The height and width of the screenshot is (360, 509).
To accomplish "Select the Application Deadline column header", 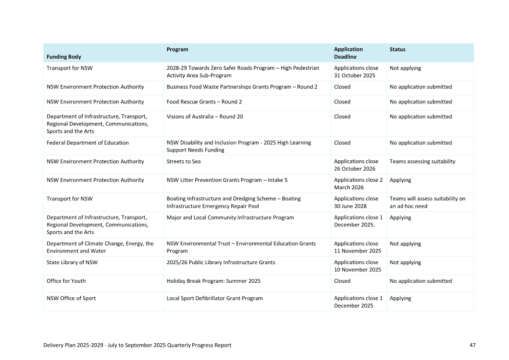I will pos(348,53).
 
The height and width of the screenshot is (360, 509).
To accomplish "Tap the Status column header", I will pos(397,50).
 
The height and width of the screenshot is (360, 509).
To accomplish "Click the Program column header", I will pos(177,50).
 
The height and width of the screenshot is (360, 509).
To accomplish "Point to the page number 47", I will pos(472,345).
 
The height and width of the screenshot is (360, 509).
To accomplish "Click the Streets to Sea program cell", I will pos(184,161).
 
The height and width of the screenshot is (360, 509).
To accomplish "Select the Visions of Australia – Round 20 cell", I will pos(205,117).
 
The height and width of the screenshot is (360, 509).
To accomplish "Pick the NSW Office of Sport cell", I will pos(71,298).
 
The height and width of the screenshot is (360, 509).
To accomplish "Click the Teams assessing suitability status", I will pos(422,161).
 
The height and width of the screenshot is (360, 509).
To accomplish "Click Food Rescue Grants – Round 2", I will pos(204,102).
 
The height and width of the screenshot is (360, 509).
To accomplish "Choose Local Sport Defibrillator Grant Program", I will pos(214,298).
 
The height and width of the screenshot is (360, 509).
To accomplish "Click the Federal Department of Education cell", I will pos(88,143).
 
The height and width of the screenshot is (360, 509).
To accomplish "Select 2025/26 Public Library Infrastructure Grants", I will pos(221,262).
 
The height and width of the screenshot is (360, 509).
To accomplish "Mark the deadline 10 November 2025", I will pos(357,269).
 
